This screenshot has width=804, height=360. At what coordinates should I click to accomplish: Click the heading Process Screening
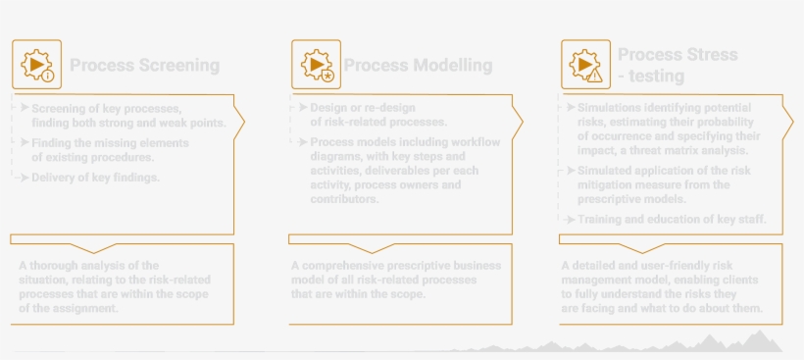point(144,66)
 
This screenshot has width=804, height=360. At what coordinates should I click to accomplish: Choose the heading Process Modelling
point(418,66)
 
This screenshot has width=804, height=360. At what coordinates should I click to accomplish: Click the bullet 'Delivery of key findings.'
point(94,178)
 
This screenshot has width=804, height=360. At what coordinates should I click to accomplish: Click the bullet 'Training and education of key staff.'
point(672,219)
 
